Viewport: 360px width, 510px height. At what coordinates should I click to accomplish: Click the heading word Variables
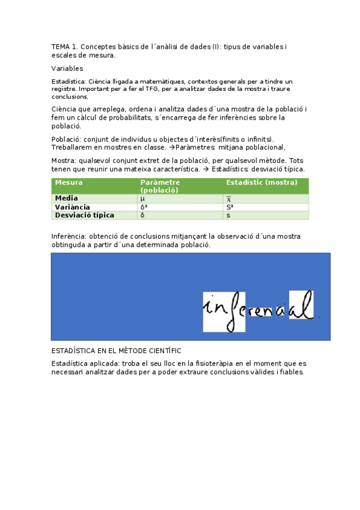pyautogui.click(x=67, y=69)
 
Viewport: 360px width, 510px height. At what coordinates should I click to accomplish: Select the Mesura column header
pyautogui.click(x=69, y=182)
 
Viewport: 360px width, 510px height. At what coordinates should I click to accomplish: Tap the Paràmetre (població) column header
pyautogui.click(x=160, y=186)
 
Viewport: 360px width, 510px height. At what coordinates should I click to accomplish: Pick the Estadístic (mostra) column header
pyautogui.click(x=261, y=182)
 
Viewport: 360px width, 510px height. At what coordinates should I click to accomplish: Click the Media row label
pyautogui.click(x=66, y=198)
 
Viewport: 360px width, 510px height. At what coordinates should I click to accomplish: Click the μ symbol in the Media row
pyautogui.click(x=142, y=198)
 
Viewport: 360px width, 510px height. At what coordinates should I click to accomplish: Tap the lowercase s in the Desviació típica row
pyautogui.click(x=228, y=215)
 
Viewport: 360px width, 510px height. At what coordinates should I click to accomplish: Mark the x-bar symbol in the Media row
pyautogui.click(x=228, y=198)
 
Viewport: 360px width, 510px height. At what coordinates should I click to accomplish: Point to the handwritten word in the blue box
pyautogui.click(x=258, y=310)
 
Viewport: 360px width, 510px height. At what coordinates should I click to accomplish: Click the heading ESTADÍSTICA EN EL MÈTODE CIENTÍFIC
pyautogui.click(x=116, y=351)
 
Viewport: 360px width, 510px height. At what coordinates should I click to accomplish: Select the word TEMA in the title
pyautogui.click(x=61, y=46)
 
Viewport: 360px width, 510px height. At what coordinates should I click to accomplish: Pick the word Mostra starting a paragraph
pyautogui.click(x=63, y=161)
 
